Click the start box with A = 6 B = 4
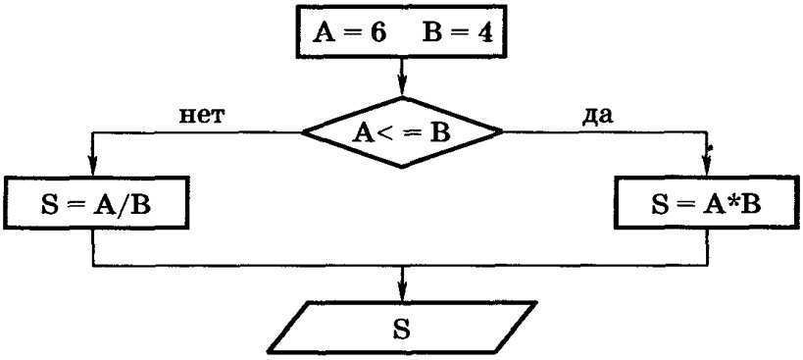pyautogui.click(x=401, y=35)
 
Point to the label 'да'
pyautogui.click(x=596, y=115)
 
